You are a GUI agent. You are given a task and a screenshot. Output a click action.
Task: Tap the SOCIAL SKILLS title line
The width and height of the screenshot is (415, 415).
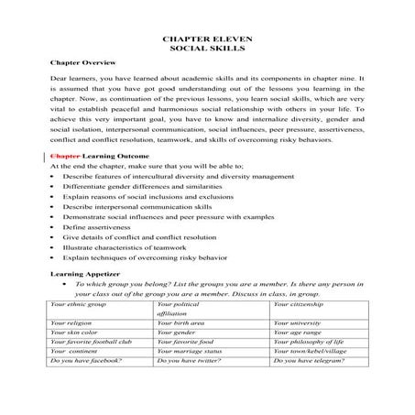[x=207, y=52]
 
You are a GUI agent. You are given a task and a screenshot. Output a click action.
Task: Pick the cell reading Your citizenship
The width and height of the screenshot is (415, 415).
[x=298, y=303]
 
